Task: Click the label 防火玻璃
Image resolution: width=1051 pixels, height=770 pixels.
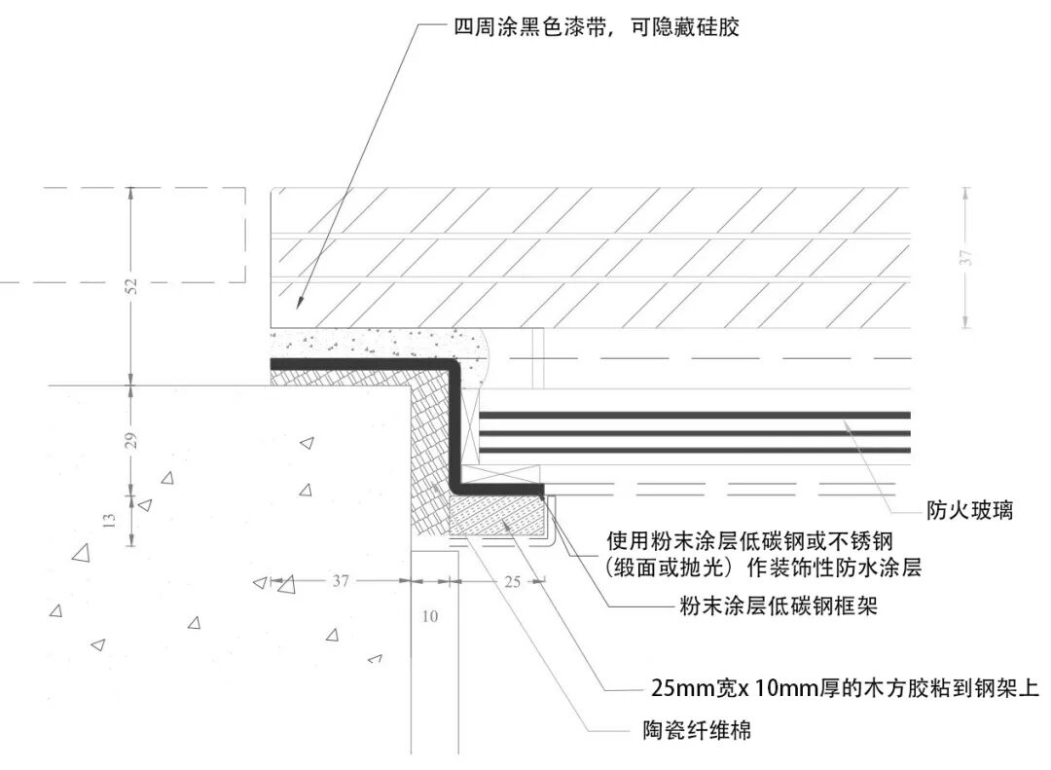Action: click(x=968, y=509)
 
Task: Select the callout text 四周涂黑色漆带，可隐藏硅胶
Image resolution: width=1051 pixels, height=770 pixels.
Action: click(x=597, y=26)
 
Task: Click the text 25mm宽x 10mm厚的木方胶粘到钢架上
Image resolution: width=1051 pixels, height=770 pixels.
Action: click(x=844, y=688)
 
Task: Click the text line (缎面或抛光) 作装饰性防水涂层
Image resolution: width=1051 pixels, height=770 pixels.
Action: click(x=762, y=568)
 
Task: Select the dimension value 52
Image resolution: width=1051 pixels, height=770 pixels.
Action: click(x=132, y=285)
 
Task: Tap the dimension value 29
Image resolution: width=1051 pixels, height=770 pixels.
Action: click(x=132, y=438)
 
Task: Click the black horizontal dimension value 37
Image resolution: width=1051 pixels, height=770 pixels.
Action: click(x=340, y=581)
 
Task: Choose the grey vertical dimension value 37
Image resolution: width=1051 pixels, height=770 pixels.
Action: click(x=966, y=258)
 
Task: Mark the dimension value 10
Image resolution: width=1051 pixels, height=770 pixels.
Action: click(x=430, y=616)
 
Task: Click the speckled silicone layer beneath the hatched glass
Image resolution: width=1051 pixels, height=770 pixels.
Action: click(x=380, y=344)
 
